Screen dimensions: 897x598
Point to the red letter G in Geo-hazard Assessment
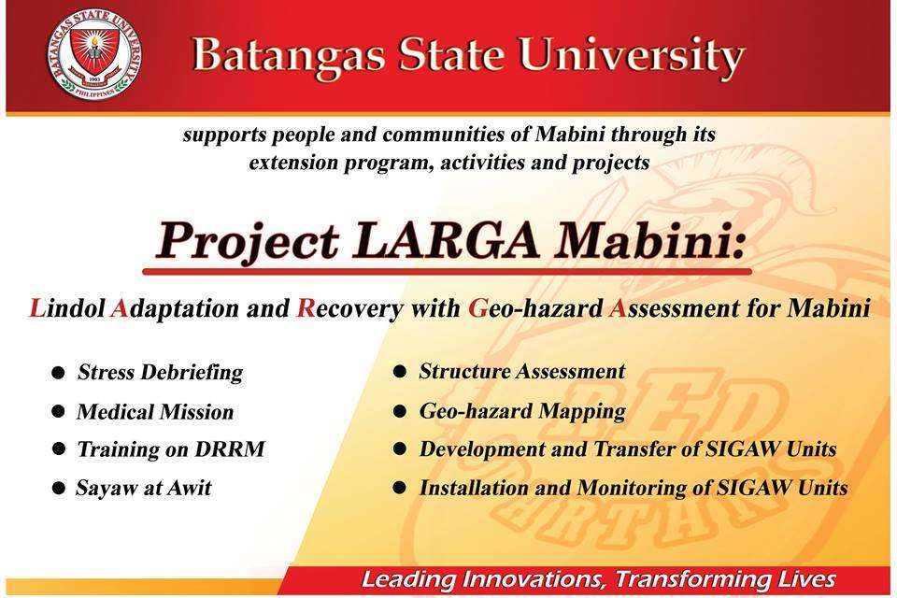477,307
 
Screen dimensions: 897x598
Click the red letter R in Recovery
306,307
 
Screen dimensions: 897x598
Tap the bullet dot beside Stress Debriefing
58,373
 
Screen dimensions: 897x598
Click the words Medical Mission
156,412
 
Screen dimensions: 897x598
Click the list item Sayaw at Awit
144,488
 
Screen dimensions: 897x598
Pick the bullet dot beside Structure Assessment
399,372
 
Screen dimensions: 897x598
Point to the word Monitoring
631,489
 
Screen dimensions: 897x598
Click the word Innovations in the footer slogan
534,579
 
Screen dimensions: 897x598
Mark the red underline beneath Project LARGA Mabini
447,271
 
